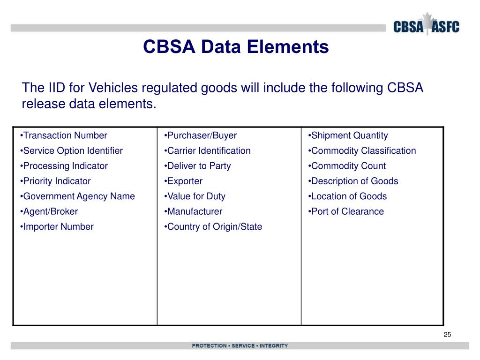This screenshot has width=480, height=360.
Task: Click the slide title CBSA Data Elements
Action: pyautogui.click(x=236, y=47)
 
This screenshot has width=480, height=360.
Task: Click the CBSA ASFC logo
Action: pyautogui.click(x=426, y=26)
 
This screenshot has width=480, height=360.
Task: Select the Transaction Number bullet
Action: pyautogui.click(x=64, y=135)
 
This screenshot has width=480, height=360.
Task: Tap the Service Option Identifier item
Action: pyautogui.click(x=71, y=150)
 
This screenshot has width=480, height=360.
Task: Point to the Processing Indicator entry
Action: pyautogui.click(x=64, y=166)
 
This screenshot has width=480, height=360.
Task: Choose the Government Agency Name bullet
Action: pyautogui.click(x=77, y=196)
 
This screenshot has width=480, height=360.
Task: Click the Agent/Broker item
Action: pyautogui.click(x=49, y=211)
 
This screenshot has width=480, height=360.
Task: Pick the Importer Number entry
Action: pyautogui.click(x=57, y=227)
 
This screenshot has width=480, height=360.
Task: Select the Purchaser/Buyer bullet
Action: pyautogui.click(x=201, y=135)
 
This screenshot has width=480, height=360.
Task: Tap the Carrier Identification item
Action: pyautogui.click(x=207, y=150)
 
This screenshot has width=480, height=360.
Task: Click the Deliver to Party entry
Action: pyautogui.click(x=197, y=166)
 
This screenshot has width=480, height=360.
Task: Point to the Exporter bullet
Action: pyautogui.click(x=183, y=181)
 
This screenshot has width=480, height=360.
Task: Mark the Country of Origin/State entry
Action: pyautogui.click(x=213, y=227)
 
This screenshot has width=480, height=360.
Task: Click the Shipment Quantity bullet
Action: pyautogui.click(x=348, y=135)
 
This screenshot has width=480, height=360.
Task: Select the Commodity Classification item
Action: pyautogui.click(x=362, y=150)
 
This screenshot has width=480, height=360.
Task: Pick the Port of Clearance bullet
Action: pyautogui.click(x=346, y=211)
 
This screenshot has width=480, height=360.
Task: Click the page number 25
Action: pyautogui.click(x=447, y=334)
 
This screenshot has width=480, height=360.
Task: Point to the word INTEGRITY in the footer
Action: pyautogui.click(x=274, y=346)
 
